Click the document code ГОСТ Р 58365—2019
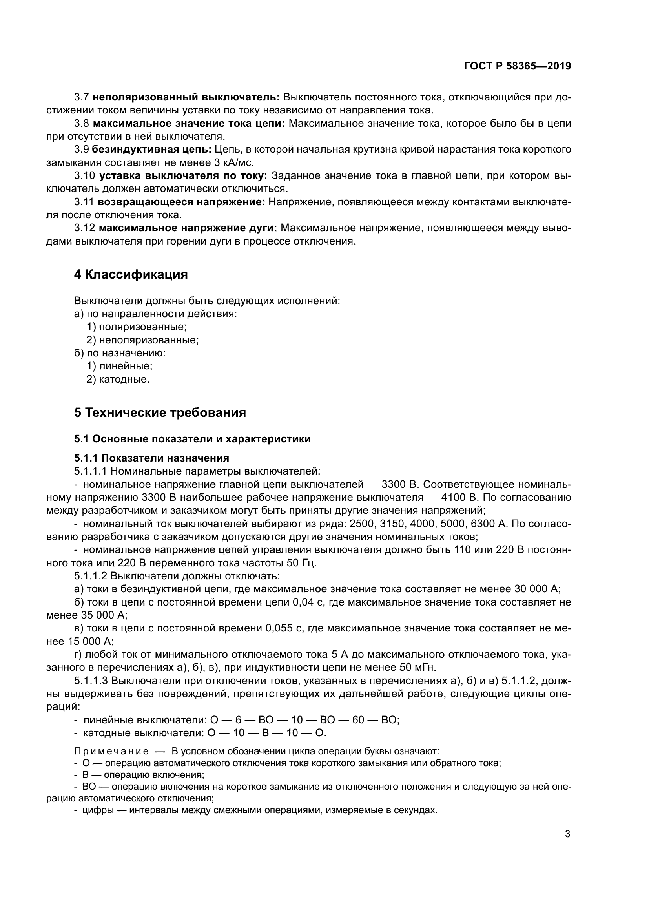tap(518, 66)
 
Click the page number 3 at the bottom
tap(567, 834)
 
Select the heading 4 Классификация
tap(131, 274)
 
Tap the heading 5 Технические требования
tap(160, 412)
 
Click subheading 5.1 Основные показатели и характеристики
tap(192, 439)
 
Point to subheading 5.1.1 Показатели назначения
tap(151, 458)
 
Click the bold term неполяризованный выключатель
tap(186, 97)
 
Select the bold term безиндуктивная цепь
tap(152, 150)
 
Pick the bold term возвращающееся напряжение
tap(181, 202)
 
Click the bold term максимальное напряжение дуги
tap(188, 228)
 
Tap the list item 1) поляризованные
tap(137, 327)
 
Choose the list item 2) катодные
tap(118, 379)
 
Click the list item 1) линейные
tap(120, 366)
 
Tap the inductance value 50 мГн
tap(418, 667)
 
